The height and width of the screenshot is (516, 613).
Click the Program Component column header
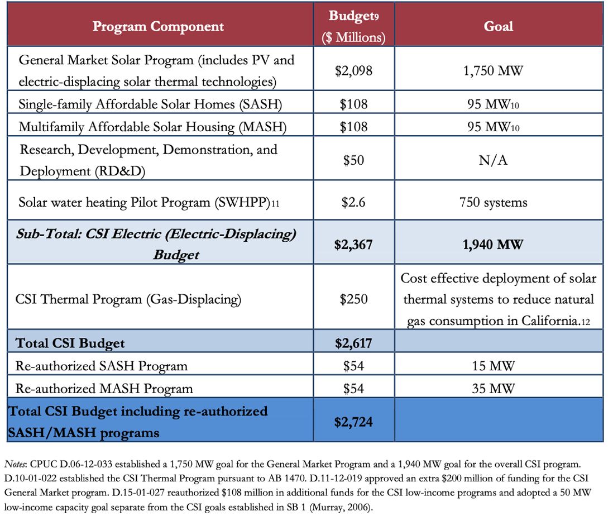[x=158, y=26]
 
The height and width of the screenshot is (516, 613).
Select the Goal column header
[x=498, y=26]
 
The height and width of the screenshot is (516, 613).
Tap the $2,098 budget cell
[x=353, y=70]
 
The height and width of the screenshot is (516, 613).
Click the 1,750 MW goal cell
[x=498, y=70]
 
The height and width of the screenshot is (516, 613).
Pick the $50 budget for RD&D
[x=353, y=160]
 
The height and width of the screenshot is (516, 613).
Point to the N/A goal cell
[x=498, y=160]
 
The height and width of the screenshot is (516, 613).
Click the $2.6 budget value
[x=353, y=202]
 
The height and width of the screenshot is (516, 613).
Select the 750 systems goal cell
[x=498, y=202]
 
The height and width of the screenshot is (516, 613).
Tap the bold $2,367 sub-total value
[x=353, y=244]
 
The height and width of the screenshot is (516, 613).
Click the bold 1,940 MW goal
[x=498, y=244]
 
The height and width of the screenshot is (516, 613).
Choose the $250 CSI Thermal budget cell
[x=353, y=299]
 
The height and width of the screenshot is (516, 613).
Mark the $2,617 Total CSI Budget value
[x=353, y=343]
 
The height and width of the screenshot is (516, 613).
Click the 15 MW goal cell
[x=498, y=366]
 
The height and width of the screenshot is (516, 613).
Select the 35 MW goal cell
[x=498, y=388]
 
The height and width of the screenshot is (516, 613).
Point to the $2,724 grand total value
[x=353, y=422]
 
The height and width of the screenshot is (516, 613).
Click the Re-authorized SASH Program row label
[x=101, y=366]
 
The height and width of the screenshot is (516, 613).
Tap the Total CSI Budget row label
[x=70, y=343]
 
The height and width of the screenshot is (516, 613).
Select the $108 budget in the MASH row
[x=353, y=127]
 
